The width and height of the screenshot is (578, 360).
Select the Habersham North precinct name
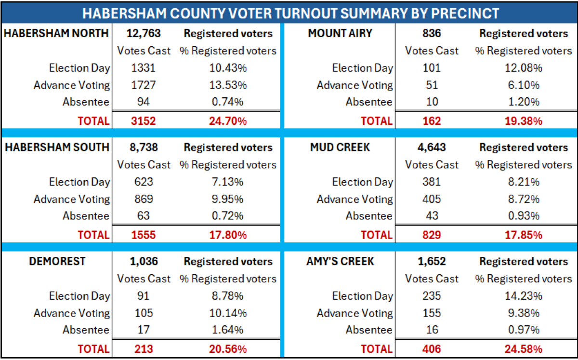(x=56, y=33)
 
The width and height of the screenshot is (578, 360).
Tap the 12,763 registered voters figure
(x=144, y=33)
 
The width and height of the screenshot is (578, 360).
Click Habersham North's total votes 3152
(x=144, y=120)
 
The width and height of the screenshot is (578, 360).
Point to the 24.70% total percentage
(x=228, y=120)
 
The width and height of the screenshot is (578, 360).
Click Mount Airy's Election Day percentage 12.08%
(x=523, y=68)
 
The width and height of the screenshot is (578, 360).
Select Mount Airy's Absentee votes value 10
(x=432, y=102)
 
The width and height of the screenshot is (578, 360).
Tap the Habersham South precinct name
(x=57, y=147)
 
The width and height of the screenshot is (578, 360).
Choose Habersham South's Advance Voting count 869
(x=144, y=199)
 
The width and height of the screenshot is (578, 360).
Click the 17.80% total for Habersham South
(x=228, y=235)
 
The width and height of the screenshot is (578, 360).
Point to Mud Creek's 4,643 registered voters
(x=432, y=147)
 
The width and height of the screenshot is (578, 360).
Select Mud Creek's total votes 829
(x=432, y=235)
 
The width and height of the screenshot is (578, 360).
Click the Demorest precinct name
(x=57, y=261)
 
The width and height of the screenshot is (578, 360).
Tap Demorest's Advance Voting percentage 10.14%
(x=228, y=313)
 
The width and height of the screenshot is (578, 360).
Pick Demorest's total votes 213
(x=144, y=348)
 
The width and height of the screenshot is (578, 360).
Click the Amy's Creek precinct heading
(x=341, y=261)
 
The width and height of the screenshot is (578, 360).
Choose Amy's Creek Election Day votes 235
(x=432, y=296)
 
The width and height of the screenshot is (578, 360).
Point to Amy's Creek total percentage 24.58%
(x=523, y=348)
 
